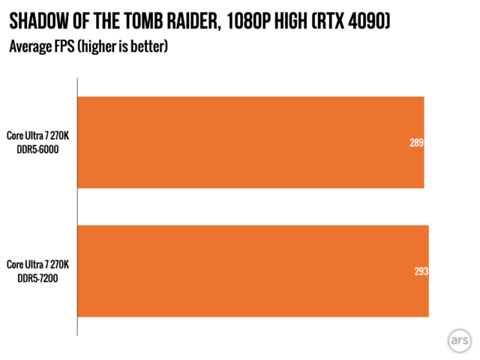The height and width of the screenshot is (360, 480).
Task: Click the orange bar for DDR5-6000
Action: [251, 142]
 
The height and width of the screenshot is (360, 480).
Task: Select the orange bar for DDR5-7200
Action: [253, 271]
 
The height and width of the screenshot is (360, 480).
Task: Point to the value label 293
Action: [421, 271]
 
